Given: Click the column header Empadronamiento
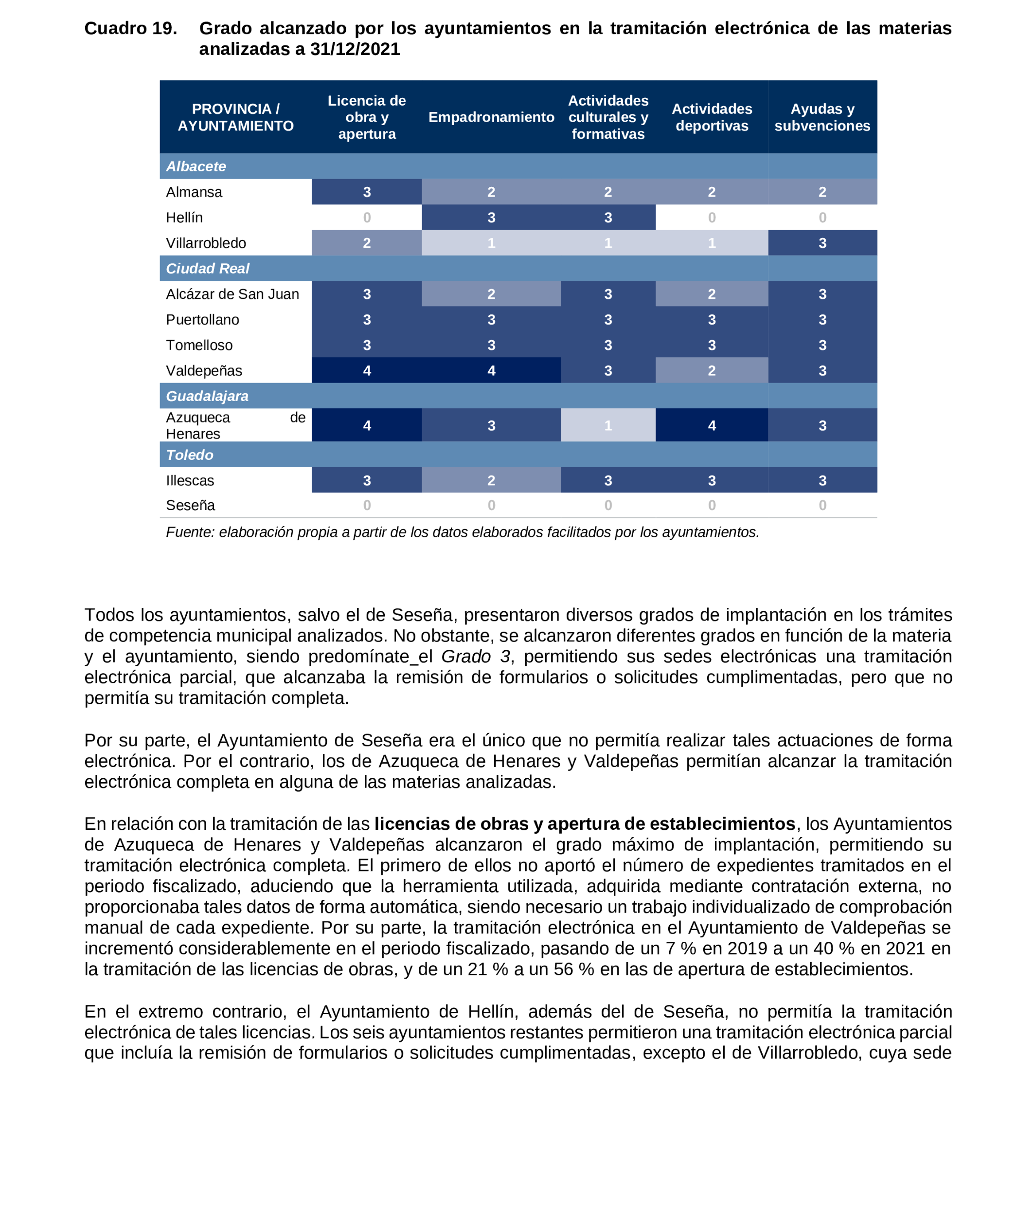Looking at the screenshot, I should point(491,117).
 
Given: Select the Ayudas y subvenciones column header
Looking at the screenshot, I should point(821,117).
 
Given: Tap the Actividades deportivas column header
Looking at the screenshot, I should point(712,117).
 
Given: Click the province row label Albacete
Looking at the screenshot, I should point(196,166).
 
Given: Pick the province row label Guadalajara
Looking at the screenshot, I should point(207,396).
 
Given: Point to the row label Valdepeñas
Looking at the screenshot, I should point(204,370).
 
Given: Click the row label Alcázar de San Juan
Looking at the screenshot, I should point(232,294).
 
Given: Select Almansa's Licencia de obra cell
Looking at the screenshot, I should point(367,192).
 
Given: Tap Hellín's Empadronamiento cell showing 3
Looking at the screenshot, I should point(491,218).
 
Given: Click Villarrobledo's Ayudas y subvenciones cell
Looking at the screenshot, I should point(821,243).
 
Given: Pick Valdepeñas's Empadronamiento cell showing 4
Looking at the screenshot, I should point(491,370).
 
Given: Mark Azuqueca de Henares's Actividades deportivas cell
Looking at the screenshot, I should point(712,425).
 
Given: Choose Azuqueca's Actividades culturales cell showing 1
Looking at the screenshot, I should point(607,425).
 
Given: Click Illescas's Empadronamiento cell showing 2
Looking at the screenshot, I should point(491,480).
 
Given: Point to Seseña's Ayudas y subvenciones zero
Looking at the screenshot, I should point(821,505).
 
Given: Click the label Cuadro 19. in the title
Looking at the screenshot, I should point(130,29).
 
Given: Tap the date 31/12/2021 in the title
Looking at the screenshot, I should point(355,50).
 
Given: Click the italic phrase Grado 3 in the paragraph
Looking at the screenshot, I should point(476,657).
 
